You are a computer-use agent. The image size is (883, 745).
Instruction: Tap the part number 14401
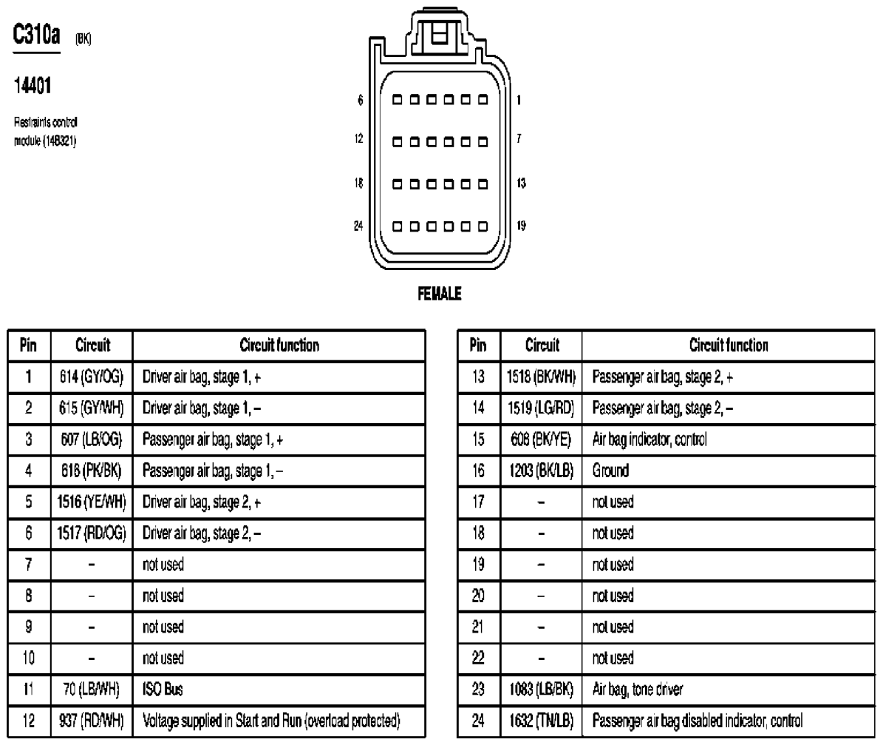(x=34, y=87)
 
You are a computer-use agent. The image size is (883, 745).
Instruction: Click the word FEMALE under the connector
(x=441, y=294)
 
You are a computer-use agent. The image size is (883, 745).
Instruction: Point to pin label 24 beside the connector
(x=359, y=226)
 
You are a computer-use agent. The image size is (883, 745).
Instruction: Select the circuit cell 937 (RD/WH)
(x=92, y=720)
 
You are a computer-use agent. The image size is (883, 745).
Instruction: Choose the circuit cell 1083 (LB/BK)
(x=542, y=689)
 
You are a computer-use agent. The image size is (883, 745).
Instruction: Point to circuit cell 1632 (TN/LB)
(x=542, y=720)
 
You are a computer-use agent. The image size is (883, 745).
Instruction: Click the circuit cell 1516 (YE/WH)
(x=92, y=501)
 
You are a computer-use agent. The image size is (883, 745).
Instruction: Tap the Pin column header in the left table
(x=27, y=345)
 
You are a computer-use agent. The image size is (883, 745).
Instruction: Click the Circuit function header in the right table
(x=728, y=345)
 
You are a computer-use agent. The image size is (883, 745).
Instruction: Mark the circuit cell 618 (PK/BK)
(x=92, y=470)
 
